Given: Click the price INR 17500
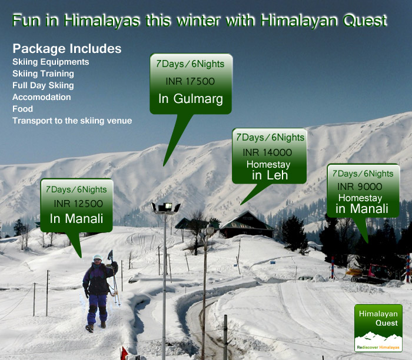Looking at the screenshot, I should pyautogui.click(x=191, y=82).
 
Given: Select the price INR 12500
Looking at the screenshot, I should pyautogui.click(x=78, y=204).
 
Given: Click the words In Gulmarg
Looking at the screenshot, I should pyautogui.click(x=191, y=99).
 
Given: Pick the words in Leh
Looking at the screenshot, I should pyautogui.click(x=269, y=175).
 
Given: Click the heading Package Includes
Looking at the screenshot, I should pyautogui.click(x=67, y=48).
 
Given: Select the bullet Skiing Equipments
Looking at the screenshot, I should pyautogui.click(x=51, y=62).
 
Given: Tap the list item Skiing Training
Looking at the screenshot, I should pyautogui.click(x=43, y=74).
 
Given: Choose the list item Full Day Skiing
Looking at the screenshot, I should pyautogui.click(x=43, y=85).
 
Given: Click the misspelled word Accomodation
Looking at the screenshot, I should pyautogui.click(x=41, y=97).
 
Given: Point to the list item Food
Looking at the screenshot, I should pyautogui.click(x=22, y=109).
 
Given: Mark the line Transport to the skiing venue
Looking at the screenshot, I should pyautogui.click(x=72, y=121).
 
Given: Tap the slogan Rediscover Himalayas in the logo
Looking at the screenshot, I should pyautogui.click(x=378, y=348).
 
